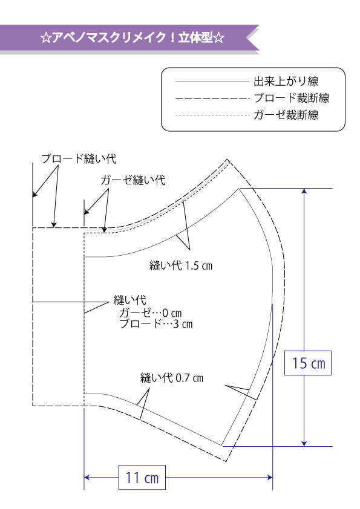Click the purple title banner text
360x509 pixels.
[x=133, y=37]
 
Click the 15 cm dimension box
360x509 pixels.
[x=308, y=363]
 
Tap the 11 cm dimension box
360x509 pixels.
[x=142, y=477]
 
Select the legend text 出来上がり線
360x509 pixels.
[x=286, y=81]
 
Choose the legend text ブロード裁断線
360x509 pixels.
[x=292, y=98]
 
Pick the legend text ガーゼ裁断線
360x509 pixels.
[x=286, y=115]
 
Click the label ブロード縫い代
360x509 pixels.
[x=79, y=159]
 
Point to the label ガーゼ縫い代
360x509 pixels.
[x=133, y=180]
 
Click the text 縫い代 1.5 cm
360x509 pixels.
[x=181, y=265]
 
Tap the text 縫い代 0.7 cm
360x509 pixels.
[x=172, y=378]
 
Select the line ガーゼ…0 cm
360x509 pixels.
[x=151, y=313]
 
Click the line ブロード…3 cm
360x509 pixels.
[x=156, y=323]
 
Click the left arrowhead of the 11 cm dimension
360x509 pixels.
[x=87, y=477]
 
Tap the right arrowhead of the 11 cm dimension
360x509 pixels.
[x=270, y=477]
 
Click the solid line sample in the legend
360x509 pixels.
[x=212, y=82]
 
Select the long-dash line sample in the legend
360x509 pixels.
[x=212, y=98]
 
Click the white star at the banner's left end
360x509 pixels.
[x=45, y=38]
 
